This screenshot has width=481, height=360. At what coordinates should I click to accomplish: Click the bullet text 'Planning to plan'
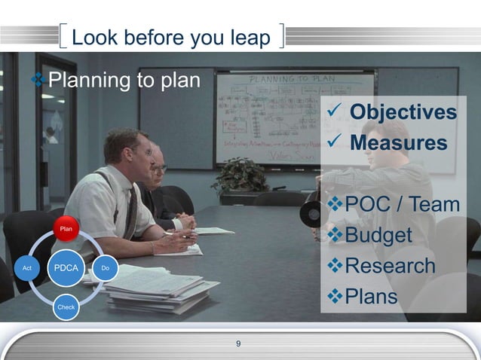point(124,80)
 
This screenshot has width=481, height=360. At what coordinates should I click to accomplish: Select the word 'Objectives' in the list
point(403,113)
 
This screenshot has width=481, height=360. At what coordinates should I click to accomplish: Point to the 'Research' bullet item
point(390,266)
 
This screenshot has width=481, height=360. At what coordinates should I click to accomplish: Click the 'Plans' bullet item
point(370,297)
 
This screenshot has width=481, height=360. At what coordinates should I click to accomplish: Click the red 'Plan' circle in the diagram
point(66,228)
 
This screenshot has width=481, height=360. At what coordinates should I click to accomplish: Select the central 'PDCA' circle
point(66,267)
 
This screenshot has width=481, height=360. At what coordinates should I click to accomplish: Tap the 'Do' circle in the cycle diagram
point(106,268)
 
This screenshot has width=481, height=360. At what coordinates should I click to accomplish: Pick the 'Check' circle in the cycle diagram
point(66,307)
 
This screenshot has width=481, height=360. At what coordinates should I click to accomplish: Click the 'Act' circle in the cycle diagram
point(26,268)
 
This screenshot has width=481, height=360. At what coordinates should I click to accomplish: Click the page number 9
point(238,344)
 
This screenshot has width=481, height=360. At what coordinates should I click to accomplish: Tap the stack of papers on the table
point(155,289)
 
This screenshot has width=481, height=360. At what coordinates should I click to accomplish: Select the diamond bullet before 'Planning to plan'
point(38,80)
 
